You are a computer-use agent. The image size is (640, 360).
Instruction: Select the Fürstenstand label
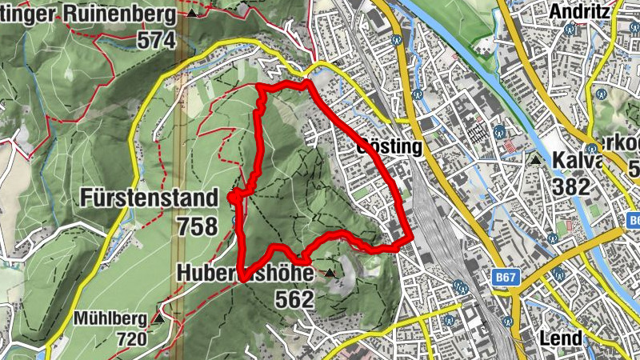click(x=149, y=198)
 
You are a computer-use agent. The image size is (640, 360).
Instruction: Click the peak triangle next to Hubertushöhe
click(x=330, y=274)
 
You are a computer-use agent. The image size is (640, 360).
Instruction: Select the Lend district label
click(x=561, y=338)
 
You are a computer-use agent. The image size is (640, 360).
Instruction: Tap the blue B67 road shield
click(x=505, y=277)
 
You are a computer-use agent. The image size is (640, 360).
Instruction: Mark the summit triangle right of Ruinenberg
click(x=192, y=14)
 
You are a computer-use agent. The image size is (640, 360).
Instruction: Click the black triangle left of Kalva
click(x=535, y=160)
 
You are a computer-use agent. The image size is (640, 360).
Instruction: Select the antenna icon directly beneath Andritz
click(x=570, y=30)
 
